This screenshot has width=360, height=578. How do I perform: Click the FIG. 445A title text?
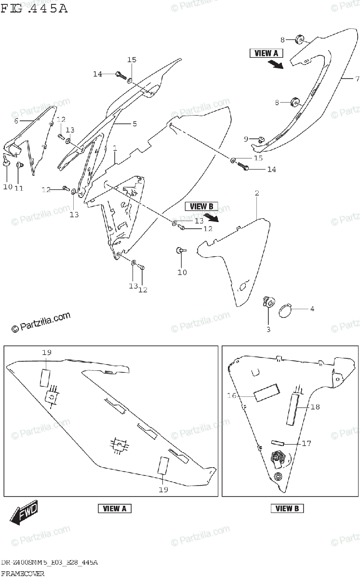point(34,9)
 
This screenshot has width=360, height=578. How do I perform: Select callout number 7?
point(357,79)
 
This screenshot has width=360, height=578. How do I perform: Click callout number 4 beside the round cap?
point(312,309)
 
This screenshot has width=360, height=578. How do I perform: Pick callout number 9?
point(246,139)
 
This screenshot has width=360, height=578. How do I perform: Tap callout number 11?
point(19,188)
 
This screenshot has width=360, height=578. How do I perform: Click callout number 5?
point(134,124)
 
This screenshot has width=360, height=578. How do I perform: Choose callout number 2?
point(257,193)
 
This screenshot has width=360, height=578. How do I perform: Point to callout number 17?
point(307,443)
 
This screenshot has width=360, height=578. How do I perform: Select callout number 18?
point(315,407)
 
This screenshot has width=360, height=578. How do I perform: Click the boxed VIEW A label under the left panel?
point(115,509)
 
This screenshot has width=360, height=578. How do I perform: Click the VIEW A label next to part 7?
point(266,53)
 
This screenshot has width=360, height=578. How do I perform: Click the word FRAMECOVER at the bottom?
point(23,574)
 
